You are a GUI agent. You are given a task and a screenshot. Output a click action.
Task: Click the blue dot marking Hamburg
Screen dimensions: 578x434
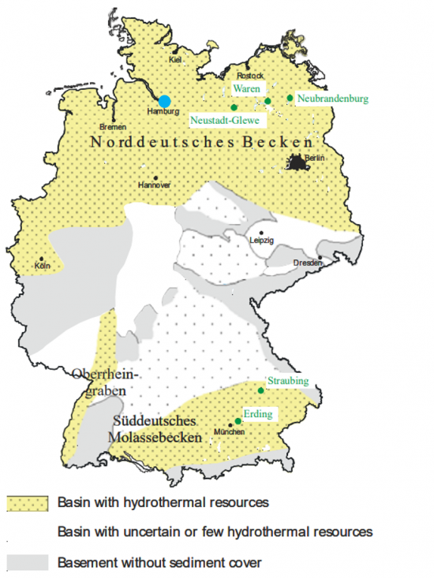point(164,101)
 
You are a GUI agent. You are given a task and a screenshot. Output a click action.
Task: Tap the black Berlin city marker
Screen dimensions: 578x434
point(296,163)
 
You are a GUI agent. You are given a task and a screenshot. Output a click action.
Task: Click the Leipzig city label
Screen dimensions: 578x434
point(261,241)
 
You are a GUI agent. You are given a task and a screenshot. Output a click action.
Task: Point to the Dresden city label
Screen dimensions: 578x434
point(308,263)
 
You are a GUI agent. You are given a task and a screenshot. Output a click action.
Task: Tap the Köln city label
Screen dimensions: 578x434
point(43,267)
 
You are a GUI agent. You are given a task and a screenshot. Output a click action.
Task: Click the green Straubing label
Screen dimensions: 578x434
point(287,382)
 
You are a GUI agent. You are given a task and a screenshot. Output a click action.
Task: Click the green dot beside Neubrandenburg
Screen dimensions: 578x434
point(290,98)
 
